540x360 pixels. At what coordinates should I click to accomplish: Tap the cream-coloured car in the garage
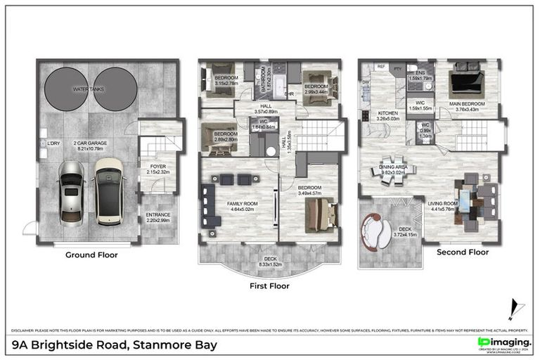108,187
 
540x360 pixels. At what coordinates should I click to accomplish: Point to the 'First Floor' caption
269,286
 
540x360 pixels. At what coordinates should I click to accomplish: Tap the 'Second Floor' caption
462,252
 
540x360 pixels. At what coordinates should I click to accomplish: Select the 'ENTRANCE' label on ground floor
157,215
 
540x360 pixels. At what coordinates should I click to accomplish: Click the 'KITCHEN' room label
387,113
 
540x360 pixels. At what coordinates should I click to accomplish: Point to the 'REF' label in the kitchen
382,67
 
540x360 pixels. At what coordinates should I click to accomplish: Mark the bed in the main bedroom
466,80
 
